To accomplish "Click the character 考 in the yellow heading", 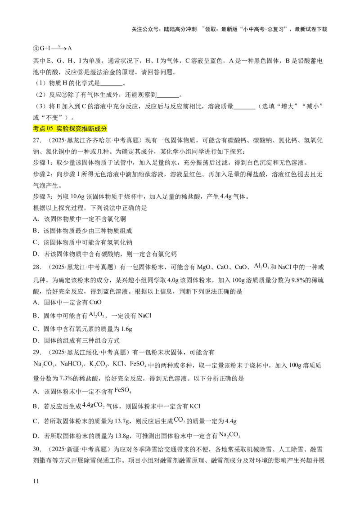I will pyautogui.click(x=36, y=129).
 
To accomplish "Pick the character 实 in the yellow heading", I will pyautogui.click(x=60, y=129).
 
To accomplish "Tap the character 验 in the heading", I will pyautogui.click(x=67, y=129).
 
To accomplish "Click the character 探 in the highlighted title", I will pyautogui.click(x=73, y=129).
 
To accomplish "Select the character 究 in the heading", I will pyautogui.click(x=80, y=129).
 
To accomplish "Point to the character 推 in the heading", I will pyautogui.click(x=87, y=129).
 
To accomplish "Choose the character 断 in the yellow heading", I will pyautogui.click(x=93, y=129).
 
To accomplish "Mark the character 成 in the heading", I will pyautogui.click(x=99, y=129).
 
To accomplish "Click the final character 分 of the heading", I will pyautogui.click(x=105, y=129).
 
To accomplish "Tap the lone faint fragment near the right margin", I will pyautogui.click(x=260, y=266).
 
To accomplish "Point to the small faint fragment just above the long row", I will pyautogui.click(x=97, y=315).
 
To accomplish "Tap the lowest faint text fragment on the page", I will pyautogui.click(x=229, y=435).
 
